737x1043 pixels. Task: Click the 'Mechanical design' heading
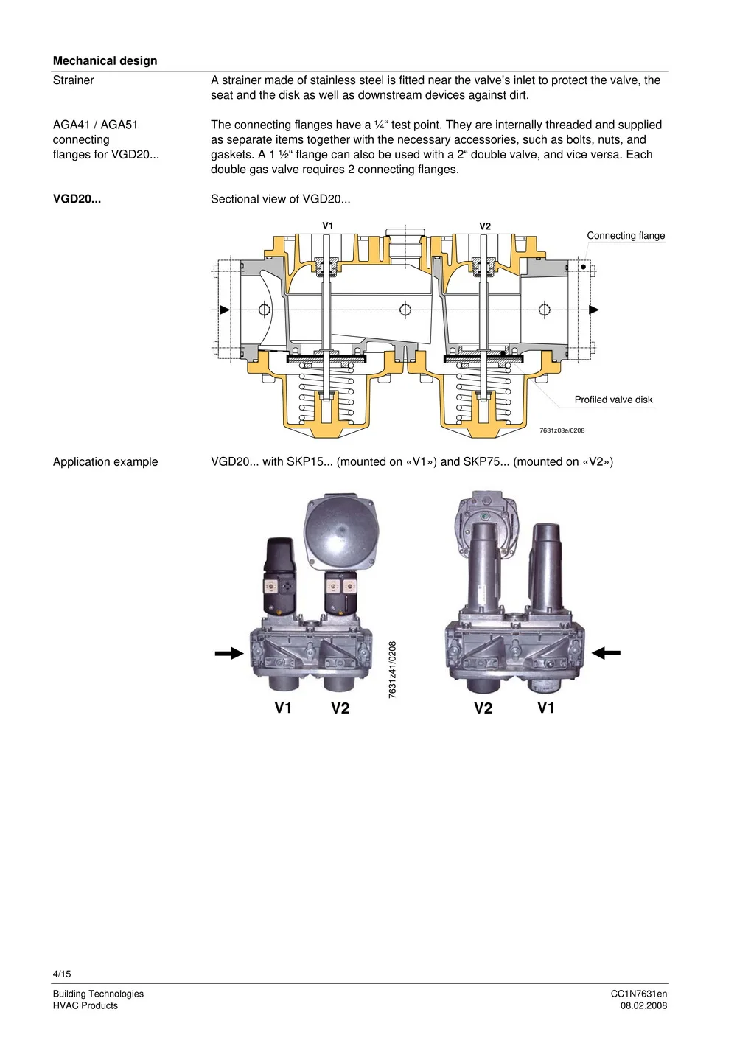[x=105, y=60]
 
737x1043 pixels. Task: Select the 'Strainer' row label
[x=73, y=80]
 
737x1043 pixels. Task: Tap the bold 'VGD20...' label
[x=77, y=199]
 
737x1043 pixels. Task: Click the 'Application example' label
[x=105, y=461]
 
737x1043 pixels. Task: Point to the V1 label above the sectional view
[x=328, y=226]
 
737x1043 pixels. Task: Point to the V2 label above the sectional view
[x=485, y=226]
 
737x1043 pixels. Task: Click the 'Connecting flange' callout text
[x=625, y=236]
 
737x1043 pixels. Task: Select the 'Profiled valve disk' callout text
[x=613, y=400]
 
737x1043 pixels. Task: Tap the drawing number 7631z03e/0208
[x=562, y=430]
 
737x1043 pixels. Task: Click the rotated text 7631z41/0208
[x=392, y=669]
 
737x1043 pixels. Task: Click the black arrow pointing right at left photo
[x=229, y=653]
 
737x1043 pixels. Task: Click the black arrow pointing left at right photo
[x=606, y=652]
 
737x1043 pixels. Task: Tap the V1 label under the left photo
[x=283, y=708]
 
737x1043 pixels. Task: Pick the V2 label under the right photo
[x=483, y=708]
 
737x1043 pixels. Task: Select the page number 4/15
[x=62, y=974]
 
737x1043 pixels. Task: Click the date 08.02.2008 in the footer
[x=643, y=1005]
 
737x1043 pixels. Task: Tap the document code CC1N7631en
[x=638, y=994]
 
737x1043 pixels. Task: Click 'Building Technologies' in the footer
[x=98, y=994]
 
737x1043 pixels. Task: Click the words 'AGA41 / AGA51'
[x=95, y=125]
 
